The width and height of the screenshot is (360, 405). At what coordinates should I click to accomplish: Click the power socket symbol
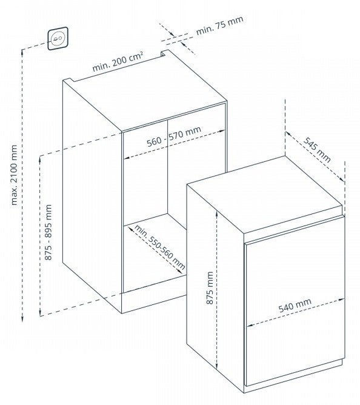(58, 38)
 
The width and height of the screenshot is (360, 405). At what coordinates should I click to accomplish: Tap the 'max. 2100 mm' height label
(14, 175)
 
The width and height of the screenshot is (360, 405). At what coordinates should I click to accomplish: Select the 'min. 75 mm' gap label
(219, 25)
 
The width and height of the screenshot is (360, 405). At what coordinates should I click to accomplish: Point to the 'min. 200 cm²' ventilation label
(118, 61)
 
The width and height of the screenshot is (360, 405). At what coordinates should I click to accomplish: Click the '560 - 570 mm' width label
(174, 136)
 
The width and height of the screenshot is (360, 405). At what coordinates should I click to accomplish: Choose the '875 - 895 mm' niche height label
(48, 232)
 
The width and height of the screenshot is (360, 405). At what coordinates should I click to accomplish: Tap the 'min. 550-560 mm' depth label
(159, 247)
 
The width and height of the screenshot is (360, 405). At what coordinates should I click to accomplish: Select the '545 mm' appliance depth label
(316, 150)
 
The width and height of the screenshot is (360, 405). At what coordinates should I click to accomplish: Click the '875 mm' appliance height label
(210, 288)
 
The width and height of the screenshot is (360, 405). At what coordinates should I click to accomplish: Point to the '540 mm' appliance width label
(295, 305)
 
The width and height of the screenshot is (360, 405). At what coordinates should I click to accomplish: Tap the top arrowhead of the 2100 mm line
(22, 52)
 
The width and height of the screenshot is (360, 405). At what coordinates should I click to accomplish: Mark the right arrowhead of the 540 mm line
(342, 300)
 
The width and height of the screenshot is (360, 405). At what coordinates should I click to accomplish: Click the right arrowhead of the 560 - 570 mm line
(222, 131)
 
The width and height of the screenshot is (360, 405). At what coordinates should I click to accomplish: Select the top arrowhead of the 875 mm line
(217, 214)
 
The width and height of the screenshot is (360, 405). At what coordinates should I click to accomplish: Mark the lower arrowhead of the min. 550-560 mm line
(180, 271)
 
